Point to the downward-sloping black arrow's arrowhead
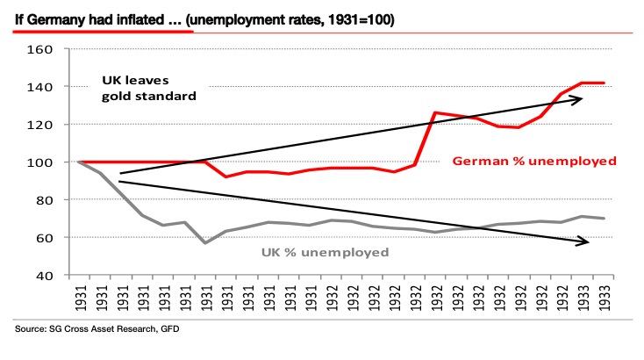583,241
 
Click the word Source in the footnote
32,330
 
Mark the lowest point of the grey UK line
204,242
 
